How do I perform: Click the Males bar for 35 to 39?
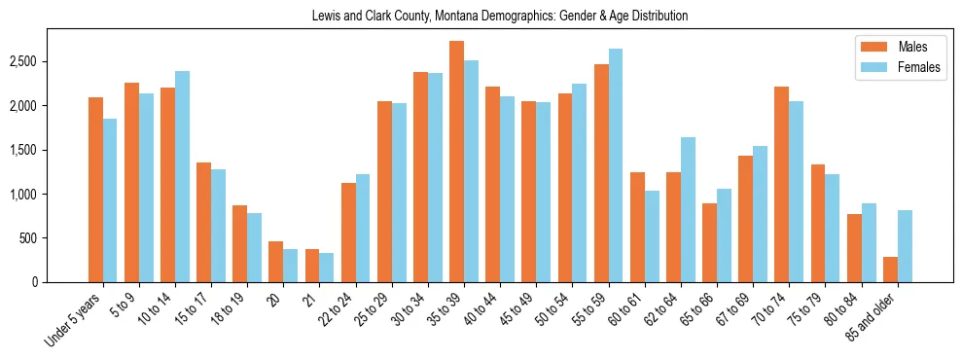click(x=456, y=162)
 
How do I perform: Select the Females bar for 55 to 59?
click(x=616, y=165)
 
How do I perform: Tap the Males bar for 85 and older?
click(x=890, y=270)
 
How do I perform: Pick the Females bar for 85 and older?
click(x=905, y=246)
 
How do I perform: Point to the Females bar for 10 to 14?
click(x=182, y=176)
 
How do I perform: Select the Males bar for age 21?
click(x=312, y=266)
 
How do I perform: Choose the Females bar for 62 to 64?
click(x=688, y=209)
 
